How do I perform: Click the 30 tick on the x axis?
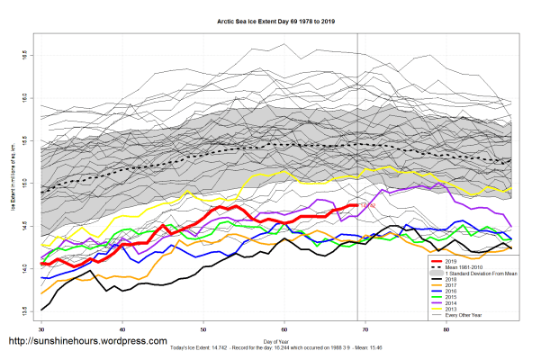click(x=41, y=329)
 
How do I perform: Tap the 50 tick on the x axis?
click(x=203, y=329)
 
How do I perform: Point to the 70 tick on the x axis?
click(x=366, y=329)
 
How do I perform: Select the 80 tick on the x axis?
click(x=447, y=329)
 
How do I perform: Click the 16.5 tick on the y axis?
click(x=23, y=55)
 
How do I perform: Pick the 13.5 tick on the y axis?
click(x=23, y=311)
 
